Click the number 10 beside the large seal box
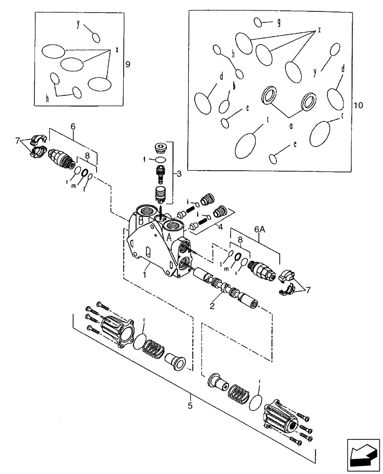[x=358, y=105]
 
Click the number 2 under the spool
[x=213, y=306]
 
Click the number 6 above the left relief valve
[x=73, y=127]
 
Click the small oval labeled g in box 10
[x=259, y=22]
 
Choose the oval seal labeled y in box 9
[x=96, y=37]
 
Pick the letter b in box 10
[x=234, y=85]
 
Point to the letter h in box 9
[x=47, y=98]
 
